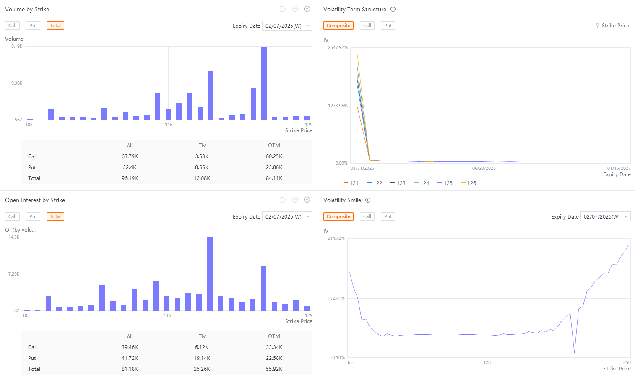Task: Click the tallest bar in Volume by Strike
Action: point(264,83)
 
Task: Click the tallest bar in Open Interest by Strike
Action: point(210,274)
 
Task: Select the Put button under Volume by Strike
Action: point(33,26)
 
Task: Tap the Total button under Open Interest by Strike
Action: point(55,216)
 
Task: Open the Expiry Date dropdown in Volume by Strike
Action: point(287,26)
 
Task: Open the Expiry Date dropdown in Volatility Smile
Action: point(606,217)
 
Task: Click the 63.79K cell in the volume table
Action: point(130,156)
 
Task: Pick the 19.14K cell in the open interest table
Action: point(202,358)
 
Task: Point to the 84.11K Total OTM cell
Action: point(274,178)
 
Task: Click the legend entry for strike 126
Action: point(468,183)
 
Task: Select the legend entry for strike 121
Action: point(351,183)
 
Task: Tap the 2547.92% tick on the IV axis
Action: point(338,47)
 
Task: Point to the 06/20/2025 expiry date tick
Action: point(484,168)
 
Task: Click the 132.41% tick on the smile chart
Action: point(336,298)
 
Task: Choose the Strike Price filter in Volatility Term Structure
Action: point(612,26)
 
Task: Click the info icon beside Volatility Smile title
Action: point(368,200)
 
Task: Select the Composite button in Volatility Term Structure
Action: point(338,26)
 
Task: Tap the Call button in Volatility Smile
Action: point(367,216)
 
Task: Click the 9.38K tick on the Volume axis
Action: point(17,83)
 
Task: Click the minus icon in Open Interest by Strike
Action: point(307,200)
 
